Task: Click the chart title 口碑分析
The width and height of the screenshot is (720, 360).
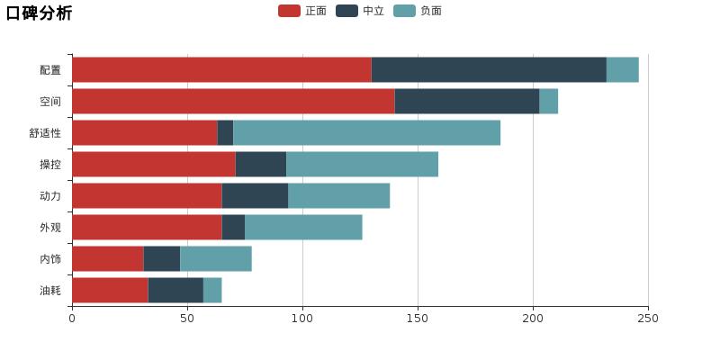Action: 39,13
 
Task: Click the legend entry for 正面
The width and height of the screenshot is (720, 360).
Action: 303,11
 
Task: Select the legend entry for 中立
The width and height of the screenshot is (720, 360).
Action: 361,11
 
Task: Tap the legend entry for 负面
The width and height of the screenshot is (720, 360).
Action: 418,11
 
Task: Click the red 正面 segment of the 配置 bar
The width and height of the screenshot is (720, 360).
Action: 221,70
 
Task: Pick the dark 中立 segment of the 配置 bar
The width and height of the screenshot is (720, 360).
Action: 489,70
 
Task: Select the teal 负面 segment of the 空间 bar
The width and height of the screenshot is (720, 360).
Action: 548,102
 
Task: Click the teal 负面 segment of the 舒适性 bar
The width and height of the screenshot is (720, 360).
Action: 366,133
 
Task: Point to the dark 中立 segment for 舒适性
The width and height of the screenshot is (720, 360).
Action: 225,133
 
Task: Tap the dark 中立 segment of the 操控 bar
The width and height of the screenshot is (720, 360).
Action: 261,165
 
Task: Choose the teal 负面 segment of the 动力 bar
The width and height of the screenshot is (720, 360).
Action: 339,196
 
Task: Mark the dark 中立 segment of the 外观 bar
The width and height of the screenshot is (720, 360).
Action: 233,228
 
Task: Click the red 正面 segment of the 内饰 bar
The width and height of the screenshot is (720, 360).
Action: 108,259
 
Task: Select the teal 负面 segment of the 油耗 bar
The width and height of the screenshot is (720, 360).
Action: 212,291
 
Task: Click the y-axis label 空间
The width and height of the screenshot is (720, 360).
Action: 50,102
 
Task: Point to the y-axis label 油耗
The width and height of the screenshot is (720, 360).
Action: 50,291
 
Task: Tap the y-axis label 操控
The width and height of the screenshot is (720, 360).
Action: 50,165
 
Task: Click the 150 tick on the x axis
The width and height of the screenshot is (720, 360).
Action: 418,318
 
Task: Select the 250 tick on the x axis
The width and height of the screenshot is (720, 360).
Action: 648,318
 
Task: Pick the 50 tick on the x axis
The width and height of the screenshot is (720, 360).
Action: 187,318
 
